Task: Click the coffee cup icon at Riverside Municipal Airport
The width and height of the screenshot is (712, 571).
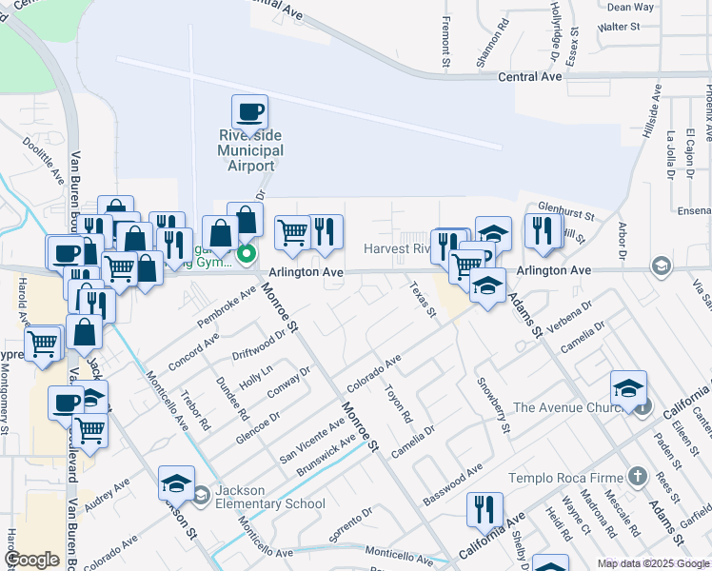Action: point(249,112)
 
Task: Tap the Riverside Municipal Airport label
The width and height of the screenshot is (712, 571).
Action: point(250,150)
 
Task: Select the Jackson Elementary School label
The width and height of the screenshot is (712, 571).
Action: point(269,497)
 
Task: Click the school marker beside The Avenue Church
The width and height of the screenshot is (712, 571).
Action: point(629,388)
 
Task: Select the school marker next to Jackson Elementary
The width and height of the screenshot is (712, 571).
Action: point(177,484)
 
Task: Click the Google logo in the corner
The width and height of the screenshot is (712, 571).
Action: point(32,560)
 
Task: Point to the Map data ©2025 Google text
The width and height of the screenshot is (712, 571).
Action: point(653,563)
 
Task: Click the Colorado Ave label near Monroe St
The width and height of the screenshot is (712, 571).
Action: point(374,374)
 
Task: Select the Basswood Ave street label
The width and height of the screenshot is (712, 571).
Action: point(453,483)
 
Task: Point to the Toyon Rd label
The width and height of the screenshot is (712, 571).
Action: point(398,404)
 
